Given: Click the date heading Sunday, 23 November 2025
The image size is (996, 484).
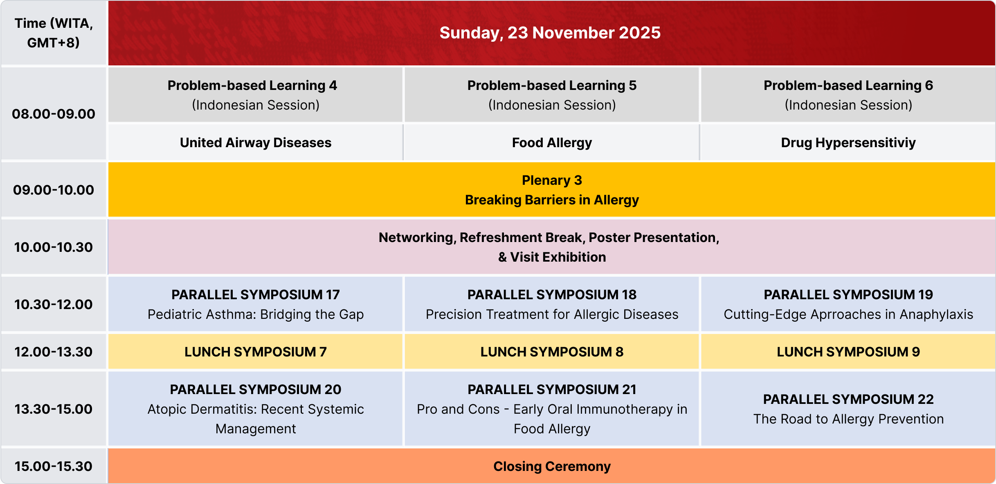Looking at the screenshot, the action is pos(550,33).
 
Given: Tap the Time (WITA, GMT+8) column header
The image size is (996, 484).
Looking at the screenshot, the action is pos(54,33).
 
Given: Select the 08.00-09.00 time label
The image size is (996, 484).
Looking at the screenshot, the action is pos(54,114).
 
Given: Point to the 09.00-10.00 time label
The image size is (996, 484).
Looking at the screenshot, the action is pos(54,190).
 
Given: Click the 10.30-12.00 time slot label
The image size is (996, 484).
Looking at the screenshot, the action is pos(54,304).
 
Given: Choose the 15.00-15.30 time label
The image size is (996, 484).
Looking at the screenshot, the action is pos(54,466).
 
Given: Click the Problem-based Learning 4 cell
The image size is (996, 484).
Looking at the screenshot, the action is pos(256,95).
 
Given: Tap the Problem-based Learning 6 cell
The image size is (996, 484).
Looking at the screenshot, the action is pos(848,95).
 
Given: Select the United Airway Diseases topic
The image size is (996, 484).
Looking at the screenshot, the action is pos(256,143).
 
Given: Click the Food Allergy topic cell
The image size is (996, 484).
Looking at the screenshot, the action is pos(552,143).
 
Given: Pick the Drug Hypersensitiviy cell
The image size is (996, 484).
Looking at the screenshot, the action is pos(848,143).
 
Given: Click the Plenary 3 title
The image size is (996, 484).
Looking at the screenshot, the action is pos(552,180).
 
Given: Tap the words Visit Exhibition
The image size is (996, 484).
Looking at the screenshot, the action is pos(558,257).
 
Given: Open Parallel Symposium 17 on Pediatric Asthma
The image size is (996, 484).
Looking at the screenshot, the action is pos(256,304).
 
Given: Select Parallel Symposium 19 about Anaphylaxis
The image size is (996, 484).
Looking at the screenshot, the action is pos(848,304).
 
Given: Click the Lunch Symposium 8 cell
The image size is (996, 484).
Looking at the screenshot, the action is pos(552,352).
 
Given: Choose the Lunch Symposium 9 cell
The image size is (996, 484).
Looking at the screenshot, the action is pos(848,352).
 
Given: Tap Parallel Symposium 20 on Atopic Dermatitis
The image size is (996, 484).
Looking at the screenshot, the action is pos(256,409).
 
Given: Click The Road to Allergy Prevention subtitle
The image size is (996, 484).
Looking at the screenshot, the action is pos(848,419).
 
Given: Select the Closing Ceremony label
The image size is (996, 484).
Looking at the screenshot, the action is pos(552,466).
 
